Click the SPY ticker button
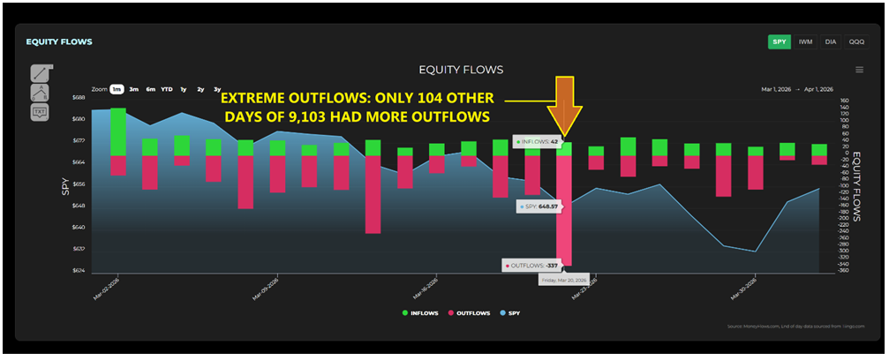pos(780,41)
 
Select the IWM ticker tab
pos(806,41)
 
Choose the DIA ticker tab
pos(831,41)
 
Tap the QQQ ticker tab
pos(856,41)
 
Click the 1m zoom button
pos(116,89)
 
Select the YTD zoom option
pos(166,89)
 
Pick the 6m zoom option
pos(150,89)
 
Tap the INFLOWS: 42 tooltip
pos(535,141)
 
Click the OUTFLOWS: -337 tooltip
pos(532,265)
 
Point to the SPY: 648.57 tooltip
pos(539,206)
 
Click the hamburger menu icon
pos(859,70)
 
